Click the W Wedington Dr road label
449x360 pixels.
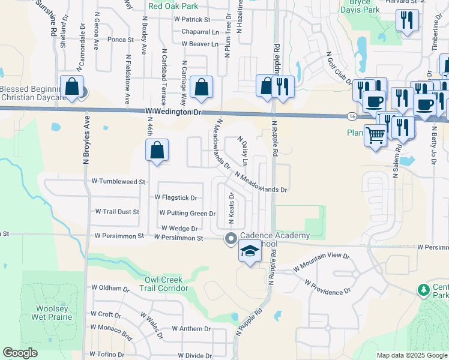[x=174, y=112]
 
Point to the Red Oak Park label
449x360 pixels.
[x=173, y=6]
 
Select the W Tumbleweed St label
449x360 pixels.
[x=118, y=181]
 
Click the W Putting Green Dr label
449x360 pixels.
[x=187, y=213]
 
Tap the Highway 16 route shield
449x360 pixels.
[x=351, y=115]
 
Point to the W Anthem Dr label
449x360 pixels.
[x=191, y=329]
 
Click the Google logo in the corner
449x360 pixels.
[x=20, y=353]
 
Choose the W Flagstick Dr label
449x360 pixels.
[x=175, y=197]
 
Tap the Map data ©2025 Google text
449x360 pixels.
[x=411, y=355]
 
